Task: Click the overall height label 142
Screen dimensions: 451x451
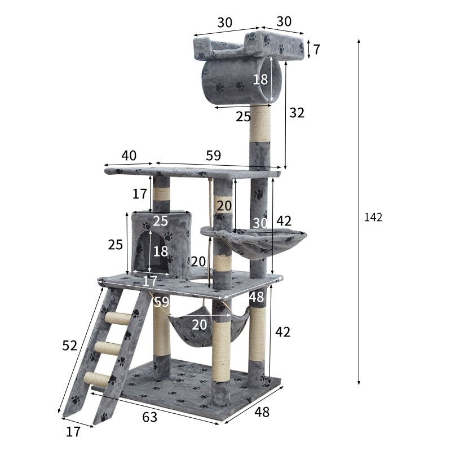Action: click(373, 218)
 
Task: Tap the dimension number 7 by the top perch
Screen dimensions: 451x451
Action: click(316, 50)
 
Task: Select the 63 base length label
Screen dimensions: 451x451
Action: click(149, 417)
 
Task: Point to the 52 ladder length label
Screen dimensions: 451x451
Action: click(69, 346)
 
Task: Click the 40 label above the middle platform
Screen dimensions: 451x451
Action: click(129, 156)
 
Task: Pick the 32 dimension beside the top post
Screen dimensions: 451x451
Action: click(297, 113)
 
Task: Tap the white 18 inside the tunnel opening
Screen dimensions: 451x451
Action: click(260, 79)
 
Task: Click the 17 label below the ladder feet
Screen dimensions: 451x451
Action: click(73, 432)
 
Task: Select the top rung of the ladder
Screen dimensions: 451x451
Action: click(118, 319)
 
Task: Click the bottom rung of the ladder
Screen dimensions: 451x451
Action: click(96, 379)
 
